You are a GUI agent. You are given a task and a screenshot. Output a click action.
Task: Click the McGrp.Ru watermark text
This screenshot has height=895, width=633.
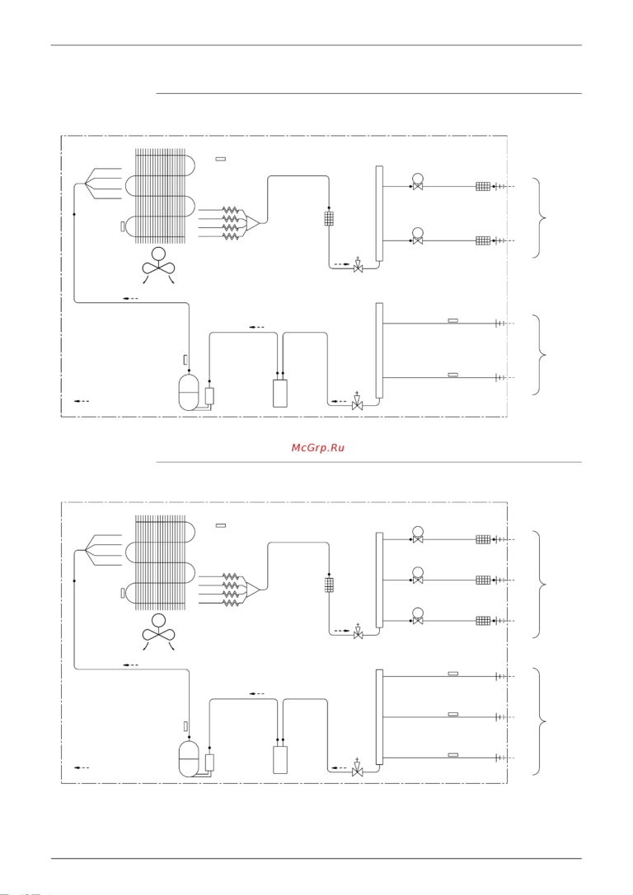coord(317,448)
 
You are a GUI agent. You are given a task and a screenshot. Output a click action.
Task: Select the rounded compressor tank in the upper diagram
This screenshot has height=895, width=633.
coord(190,392)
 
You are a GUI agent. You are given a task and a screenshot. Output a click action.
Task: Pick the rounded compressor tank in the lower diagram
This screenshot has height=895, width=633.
coord(190,757)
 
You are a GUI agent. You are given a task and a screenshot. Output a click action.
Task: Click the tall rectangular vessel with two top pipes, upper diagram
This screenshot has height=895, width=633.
coord(280,393)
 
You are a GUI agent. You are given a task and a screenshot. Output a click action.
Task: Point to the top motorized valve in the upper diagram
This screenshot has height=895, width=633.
coord(418,184)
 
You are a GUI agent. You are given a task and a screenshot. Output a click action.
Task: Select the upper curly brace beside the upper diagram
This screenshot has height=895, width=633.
coord(541,217)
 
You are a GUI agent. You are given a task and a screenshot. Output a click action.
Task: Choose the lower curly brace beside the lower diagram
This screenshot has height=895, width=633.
coord(541,721)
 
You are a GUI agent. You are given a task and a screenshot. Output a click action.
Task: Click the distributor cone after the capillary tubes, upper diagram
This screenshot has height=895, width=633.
coord(253,222)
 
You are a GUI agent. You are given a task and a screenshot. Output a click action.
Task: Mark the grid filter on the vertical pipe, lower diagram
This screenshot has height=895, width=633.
coord(329,585)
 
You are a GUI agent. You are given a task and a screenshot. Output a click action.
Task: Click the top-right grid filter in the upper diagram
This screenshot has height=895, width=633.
coord(483,186)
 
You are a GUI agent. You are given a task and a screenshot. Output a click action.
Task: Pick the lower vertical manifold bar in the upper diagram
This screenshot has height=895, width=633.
coord(379,350)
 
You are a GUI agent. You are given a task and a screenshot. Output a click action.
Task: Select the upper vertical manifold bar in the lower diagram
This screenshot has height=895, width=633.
coord(379,580)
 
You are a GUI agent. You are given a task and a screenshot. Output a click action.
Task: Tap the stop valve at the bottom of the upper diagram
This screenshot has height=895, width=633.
coord(357,404)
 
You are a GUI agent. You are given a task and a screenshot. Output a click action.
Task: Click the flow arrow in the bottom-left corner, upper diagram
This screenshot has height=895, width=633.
coord(82,401)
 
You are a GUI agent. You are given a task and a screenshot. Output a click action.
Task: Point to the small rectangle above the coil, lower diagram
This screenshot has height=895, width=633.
coord(220,524)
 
